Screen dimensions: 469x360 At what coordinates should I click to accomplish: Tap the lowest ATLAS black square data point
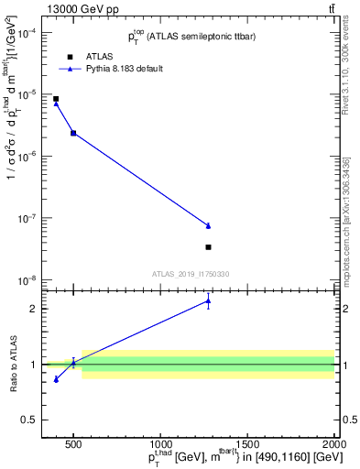coord(209,247)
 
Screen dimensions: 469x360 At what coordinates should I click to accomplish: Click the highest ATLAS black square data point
coord(56,99)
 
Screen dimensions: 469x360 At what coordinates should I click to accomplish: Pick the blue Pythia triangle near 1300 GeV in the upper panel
coord(209,225)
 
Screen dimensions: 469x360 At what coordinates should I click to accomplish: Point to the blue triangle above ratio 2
coord(209,300)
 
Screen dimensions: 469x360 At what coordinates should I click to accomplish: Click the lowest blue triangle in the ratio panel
coord(56,378)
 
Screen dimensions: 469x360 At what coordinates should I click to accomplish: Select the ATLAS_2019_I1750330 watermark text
coord(190,273)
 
